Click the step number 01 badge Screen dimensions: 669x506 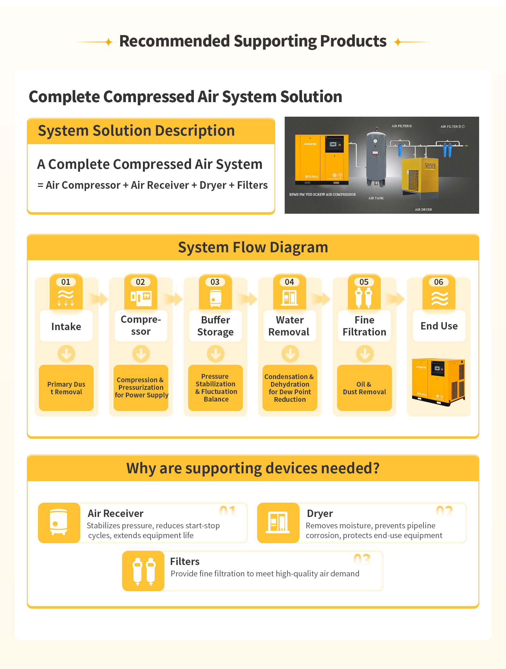pyautogui.click(x=66, y=282)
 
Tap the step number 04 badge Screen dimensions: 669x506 pyautogui.click(x=289, y=282)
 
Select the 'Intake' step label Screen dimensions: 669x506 pyautogui.click(x=66, y=326)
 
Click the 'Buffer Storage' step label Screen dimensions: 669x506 pyautogui.click(x=215, y=326)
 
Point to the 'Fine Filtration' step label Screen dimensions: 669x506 pyautogui.click(x=364, y=326)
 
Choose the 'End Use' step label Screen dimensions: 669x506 pyautogui.click(x=439, y=326)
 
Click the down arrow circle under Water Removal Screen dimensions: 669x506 pyautogui.click(x=290, y=353)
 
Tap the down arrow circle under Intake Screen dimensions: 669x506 pyautogui.click(x=66, y=353)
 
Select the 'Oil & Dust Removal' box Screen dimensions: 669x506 pyautogui.click(x=364, y=388)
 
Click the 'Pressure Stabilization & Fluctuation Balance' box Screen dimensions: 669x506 pyautogui.click(x=216, y=388)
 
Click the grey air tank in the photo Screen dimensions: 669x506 pyautogui.click(x=376, y=158)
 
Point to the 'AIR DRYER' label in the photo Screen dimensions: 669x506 pyautogui.click(x=423, y=209)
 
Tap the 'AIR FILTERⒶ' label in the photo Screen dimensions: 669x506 pyautogui.click(x=402, y=126)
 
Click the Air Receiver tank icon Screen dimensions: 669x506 pyautogui.click(x=59, y=523)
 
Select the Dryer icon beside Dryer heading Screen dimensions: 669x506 pyautogui.click(x=278, y=523)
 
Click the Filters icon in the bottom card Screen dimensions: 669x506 pyautogui.click(x=143, y=571)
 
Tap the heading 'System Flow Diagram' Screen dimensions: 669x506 pyautogui.click(x=253, y=247)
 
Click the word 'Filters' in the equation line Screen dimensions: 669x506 pyautogui.click(x=252, y=185)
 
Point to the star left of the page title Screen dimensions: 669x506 pyautogui.click(x=108, y=42)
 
